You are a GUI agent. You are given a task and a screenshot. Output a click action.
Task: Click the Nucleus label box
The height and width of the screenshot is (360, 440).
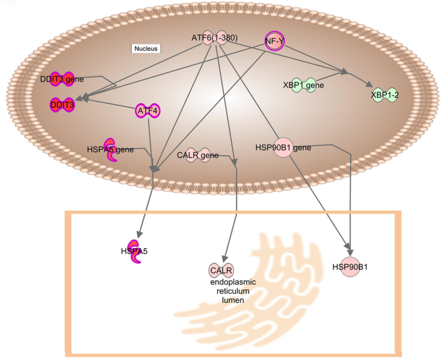pos(146,48)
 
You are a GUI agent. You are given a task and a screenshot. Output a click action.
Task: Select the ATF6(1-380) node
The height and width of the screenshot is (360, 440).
pos(215,39)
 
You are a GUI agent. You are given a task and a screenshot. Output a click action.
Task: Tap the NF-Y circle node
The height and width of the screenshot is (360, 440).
pos(274,41)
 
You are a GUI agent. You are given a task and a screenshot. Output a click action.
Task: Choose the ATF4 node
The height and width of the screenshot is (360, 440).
pos(148,111)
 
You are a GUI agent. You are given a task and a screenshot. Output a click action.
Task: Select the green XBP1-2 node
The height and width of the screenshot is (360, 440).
pos(385,96)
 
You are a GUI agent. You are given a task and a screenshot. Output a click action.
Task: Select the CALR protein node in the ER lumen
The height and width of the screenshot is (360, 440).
pos(220,270)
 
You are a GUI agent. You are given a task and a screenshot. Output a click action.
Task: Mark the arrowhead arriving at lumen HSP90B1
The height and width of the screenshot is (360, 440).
pos(349,250)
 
